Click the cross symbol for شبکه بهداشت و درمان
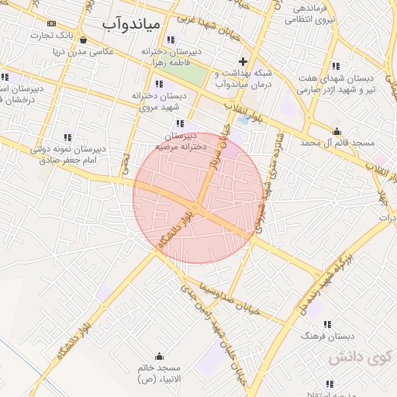(x=243, y=61)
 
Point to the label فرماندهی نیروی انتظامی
(x=309, y=14)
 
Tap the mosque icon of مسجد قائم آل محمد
(x=337, y=131)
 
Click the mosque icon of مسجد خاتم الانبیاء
(x=160, y=357)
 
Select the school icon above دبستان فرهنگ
(x=327, y=324)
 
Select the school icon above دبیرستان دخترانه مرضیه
(x=180, y=123)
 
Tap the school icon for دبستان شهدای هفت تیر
(x=336, y=66)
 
